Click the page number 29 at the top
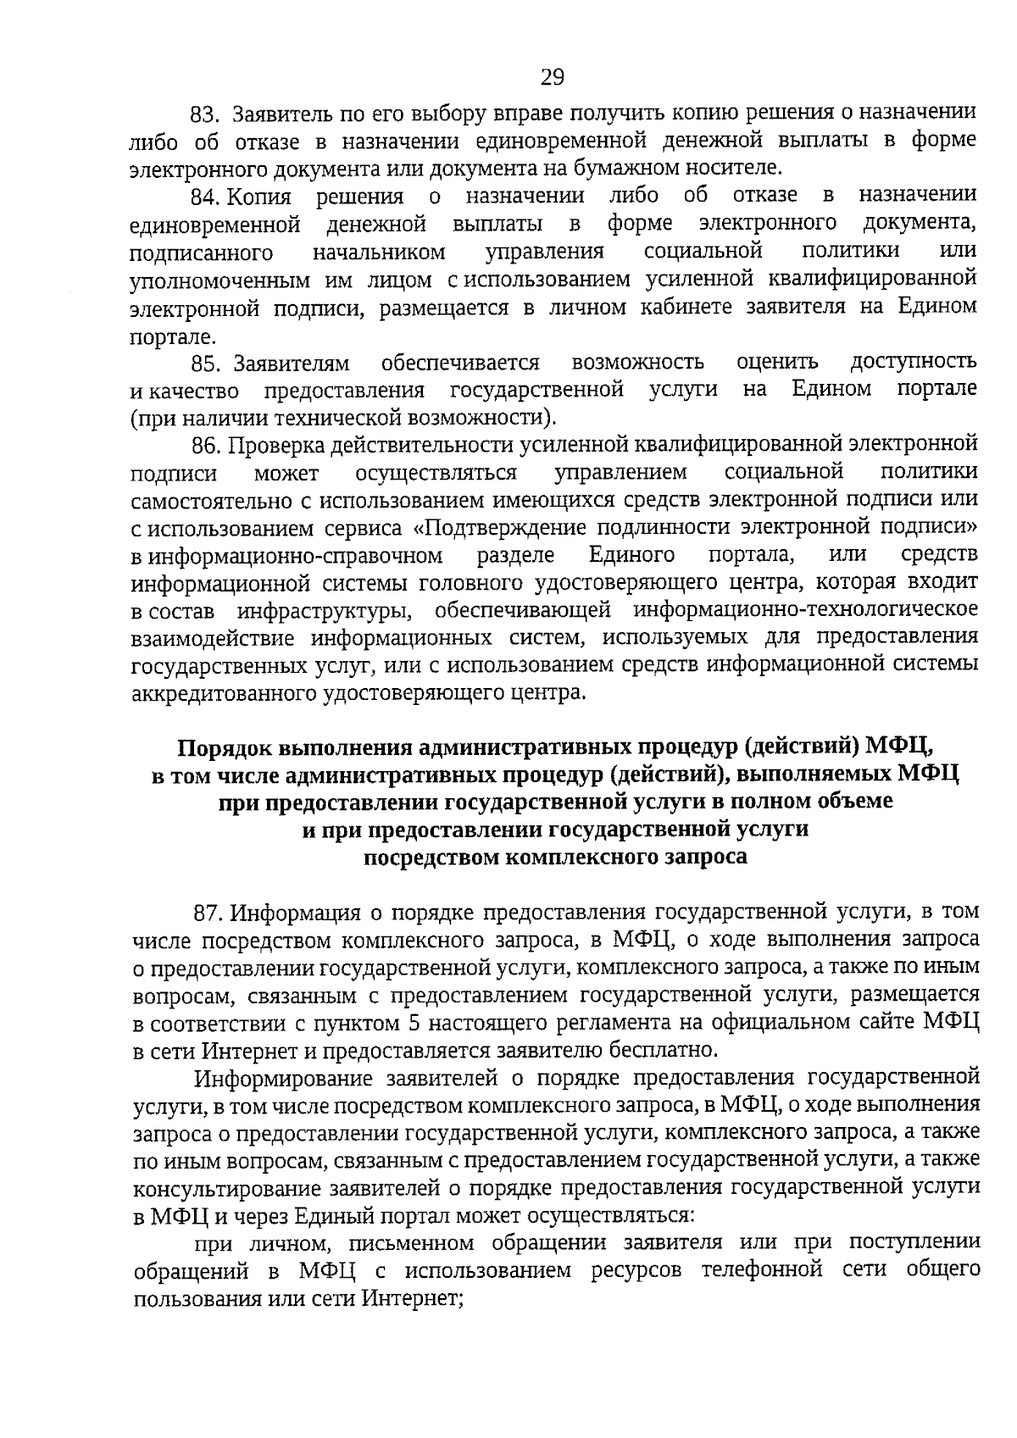pos(552,78)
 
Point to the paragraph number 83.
pos(205,114)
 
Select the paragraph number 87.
pos(208,913)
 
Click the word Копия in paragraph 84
pos(260,197)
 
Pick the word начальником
pos(378,253)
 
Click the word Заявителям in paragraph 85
pos(292,363)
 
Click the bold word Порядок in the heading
pos(222,748)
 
